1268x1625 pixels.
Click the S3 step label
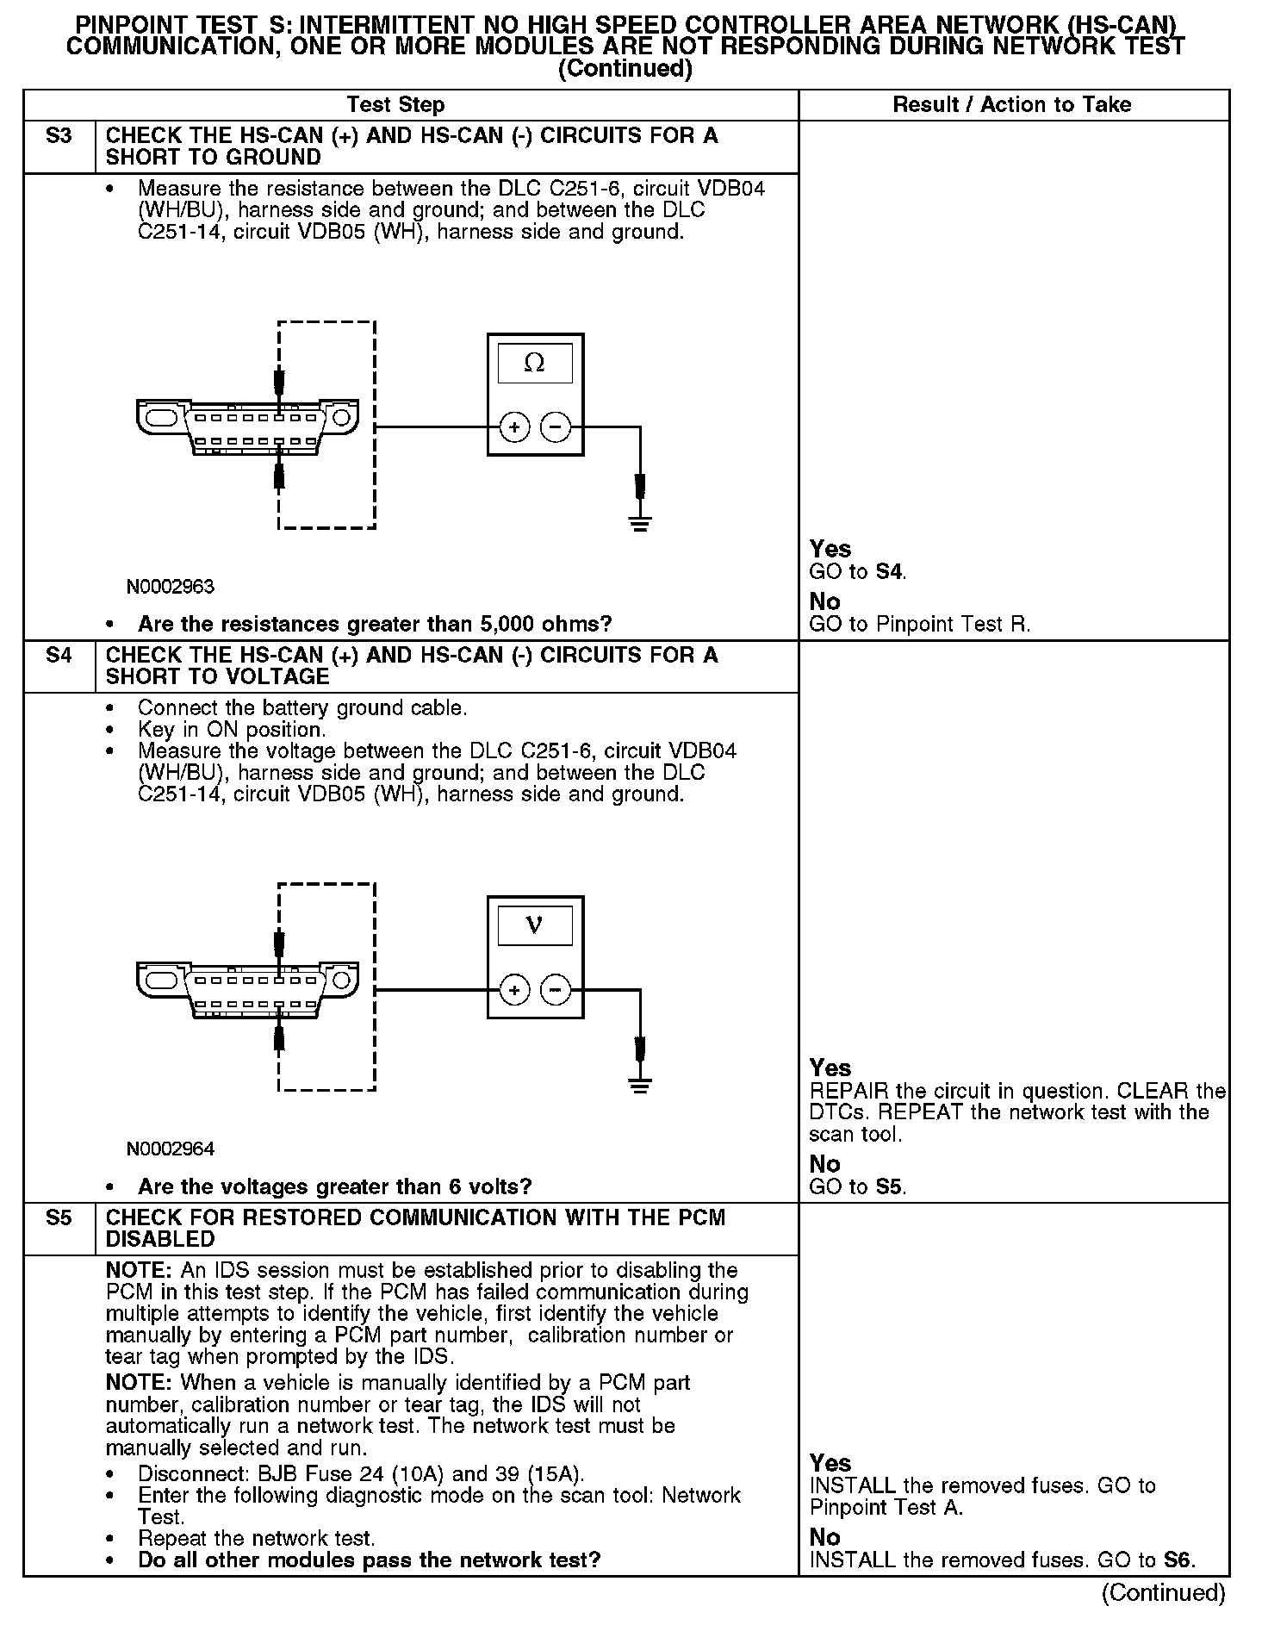[x=59, y=136]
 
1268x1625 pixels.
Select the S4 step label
[x=59, y=656]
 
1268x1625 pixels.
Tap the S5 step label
[x=59, y=1218]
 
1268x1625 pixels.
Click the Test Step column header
[x=395, y=105]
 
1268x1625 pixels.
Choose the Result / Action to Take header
[x=1011, y=105]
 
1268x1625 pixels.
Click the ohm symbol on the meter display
[x=534, y=364]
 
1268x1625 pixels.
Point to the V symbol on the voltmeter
[x=534, y=925]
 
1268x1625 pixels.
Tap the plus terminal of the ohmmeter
[x=514, y=426]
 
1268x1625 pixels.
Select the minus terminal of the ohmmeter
[x=556, y=426]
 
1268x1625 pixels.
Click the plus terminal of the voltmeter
[x=514, y=990]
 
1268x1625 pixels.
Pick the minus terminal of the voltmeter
[x=556, y=990]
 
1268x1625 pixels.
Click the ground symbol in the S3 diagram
[x=639, y=523]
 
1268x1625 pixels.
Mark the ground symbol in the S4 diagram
[x=639, y=1085]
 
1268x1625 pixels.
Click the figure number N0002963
[x=171, y=587]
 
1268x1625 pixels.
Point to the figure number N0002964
[x=171, y=1149]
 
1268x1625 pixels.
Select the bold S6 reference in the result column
[x=1178, y=1560]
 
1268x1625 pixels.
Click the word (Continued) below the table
[x=1163, y=1593]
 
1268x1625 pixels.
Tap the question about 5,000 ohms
[x=375, y=624]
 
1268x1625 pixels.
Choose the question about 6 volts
[x=335, y=1186]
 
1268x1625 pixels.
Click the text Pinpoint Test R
[x=953, y=624]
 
